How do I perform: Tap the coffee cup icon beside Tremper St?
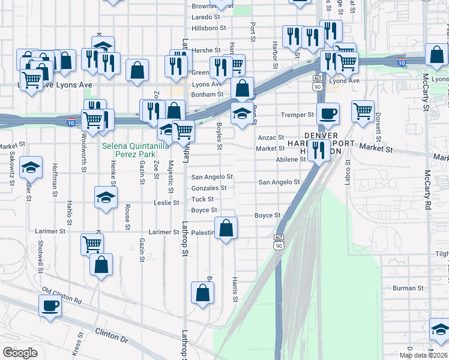tap(328, 113)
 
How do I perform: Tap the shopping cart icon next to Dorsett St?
tap(362, 110)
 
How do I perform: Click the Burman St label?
tap(408, 288)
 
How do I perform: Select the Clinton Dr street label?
tap(112, 335)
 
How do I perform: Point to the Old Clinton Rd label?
tap(61, 295)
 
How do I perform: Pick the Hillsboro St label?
tap(208, 28)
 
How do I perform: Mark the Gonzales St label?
tap(208, 188)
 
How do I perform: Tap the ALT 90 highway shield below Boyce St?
tap(279, 242)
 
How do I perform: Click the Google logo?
tap(20, 353)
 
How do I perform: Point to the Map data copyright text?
tap(423, 355)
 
